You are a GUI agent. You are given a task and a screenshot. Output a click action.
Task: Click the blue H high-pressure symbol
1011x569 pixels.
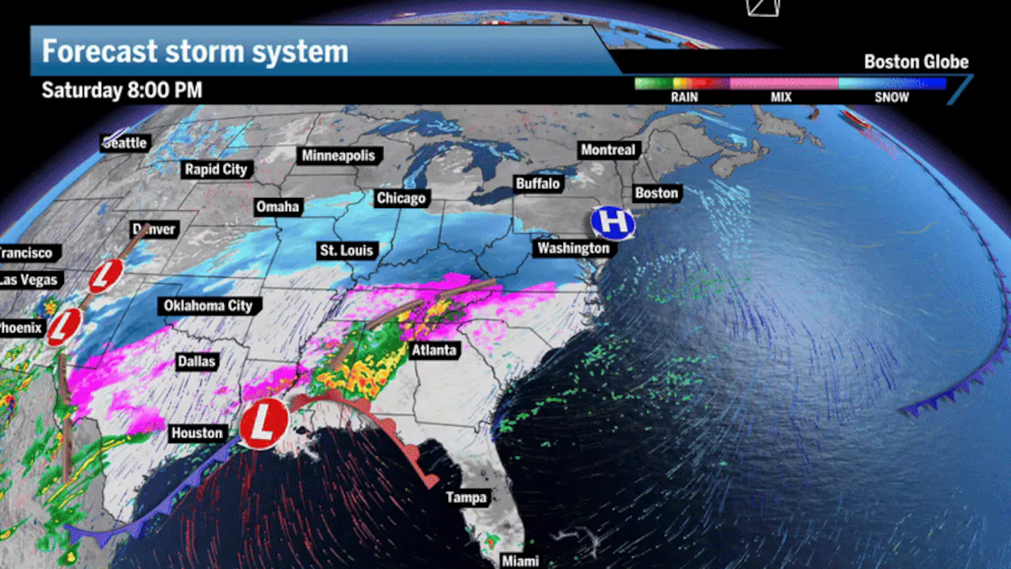[613, 223]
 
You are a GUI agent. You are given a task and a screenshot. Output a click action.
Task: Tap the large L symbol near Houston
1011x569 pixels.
[264, 424]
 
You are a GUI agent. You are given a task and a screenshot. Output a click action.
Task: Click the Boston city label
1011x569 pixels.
[656, 193]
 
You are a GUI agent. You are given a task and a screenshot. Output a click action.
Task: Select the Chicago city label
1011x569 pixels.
[401, 199]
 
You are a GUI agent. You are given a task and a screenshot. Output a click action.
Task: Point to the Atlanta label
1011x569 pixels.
[433, 350]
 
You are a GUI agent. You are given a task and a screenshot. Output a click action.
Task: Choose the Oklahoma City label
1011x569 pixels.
[208, 306]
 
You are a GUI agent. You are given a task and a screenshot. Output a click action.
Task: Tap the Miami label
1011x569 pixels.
[520, 561]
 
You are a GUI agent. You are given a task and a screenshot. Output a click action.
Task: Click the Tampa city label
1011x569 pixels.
[466, 498]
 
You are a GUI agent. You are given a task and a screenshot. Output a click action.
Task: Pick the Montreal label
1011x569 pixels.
[607, 150]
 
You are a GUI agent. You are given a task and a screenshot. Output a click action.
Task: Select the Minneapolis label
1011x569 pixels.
[339, 155]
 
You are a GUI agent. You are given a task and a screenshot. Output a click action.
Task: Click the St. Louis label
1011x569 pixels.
[347, 250]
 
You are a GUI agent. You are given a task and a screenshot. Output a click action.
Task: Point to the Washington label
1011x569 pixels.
[574, 248]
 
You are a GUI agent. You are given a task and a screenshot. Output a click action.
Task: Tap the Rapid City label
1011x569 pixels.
[216, 169]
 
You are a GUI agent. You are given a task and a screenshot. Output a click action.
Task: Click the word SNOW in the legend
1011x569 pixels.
[891, 98]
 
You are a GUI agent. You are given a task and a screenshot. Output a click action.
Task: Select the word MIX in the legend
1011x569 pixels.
[781, 98]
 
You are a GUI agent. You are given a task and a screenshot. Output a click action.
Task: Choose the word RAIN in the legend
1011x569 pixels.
[684, 98]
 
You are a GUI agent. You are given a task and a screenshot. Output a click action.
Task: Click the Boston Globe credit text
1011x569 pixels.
[916, 62]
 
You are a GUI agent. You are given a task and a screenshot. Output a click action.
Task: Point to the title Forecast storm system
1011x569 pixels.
[194, 52]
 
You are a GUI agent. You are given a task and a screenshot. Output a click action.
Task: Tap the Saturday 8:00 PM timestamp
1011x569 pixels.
[121, 91]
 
